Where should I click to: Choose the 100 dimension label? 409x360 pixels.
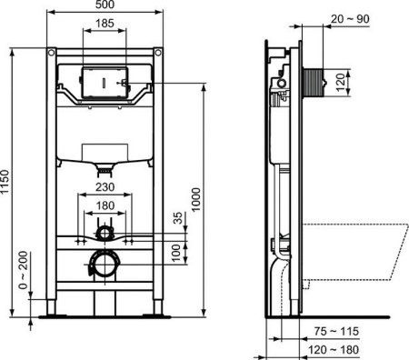pos(178,252)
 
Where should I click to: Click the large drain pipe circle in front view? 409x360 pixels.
pos(105,265)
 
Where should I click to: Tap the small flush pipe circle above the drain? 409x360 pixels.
pos(106,234)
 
